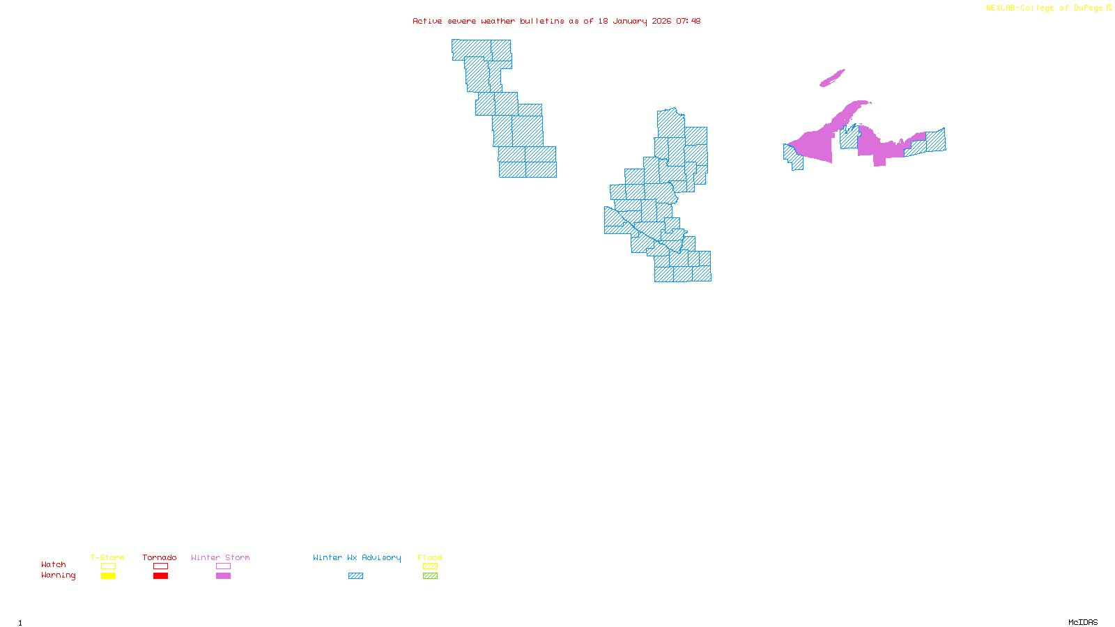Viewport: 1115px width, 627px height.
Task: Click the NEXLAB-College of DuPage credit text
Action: (1045, 8)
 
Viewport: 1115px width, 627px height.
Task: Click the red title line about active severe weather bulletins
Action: (556, 21)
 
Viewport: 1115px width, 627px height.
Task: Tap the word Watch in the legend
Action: (54, 564)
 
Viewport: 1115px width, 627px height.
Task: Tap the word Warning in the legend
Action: (58, 575)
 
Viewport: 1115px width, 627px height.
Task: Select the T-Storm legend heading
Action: (107, 557)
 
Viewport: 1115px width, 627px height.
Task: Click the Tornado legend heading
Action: (160, 557)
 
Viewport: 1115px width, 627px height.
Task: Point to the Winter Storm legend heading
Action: (220, 557)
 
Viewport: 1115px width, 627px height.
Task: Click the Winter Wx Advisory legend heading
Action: (357, 557)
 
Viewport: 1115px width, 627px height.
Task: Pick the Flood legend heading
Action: (430, 557)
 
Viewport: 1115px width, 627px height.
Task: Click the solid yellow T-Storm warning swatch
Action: (108, 576)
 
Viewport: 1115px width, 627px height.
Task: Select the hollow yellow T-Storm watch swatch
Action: (108, 566)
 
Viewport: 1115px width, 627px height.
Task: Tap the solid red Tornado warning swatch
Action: (160, 576)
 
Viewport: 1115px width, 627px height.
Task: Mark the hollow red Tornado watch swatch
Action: (160, 566)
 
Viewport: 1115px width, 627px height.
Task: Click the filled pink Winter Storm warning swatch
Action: (223, 576)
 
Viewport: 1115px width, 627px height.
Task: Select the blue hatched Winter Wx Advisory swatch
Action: (355, 576)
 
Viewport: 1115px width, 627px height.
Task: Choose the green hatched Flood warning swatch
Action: (430, 576)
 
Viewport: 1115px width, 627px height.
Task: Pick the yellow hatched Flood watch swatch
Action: (430, 566)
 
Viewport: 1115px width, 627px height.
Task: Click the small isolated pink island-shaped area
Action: (831, 78)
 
